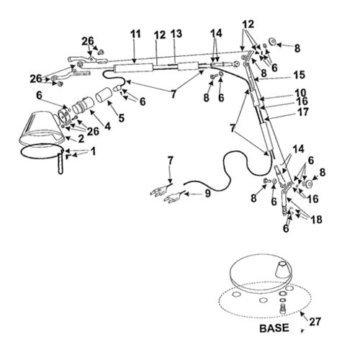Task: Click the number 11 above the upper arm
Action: click(x=135, y=35)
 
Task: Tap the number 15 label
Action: click(x=299, y=74)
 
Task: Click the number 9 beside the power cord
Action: click(x=209, y=193)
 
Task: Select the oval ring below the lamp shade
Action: click(x=39, y=152)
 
